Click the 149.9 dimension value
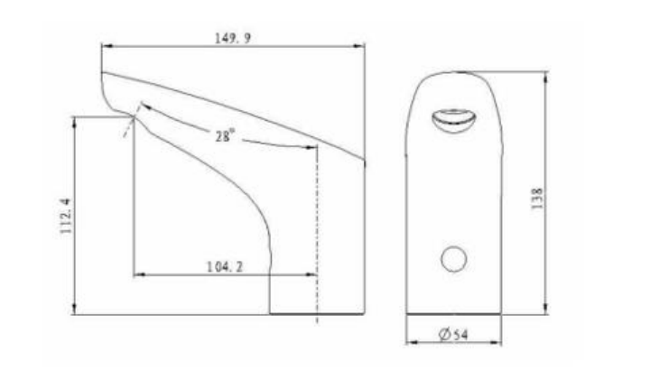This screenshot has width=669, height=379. coord(233,39)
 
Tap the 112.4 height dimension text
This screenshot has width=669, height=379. coord(66,217)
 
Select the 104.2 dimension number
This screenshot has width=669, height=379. coord(225,267)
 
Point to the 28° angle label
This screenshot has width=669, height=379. coord(225,135)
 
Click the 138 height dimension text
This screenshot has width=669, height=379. coord(537,199)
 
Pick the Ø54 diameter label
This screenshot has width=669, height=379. coord(453,335)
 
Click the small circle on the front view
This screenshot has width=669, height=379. coord(453,259)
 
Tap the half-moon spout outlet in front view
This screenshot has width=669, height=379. coord(454,121)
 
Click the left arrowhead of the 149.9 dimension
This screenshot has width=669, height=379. coord(107,46)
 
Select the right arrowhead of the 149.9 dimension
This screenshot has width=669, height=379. coord(359,46)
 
